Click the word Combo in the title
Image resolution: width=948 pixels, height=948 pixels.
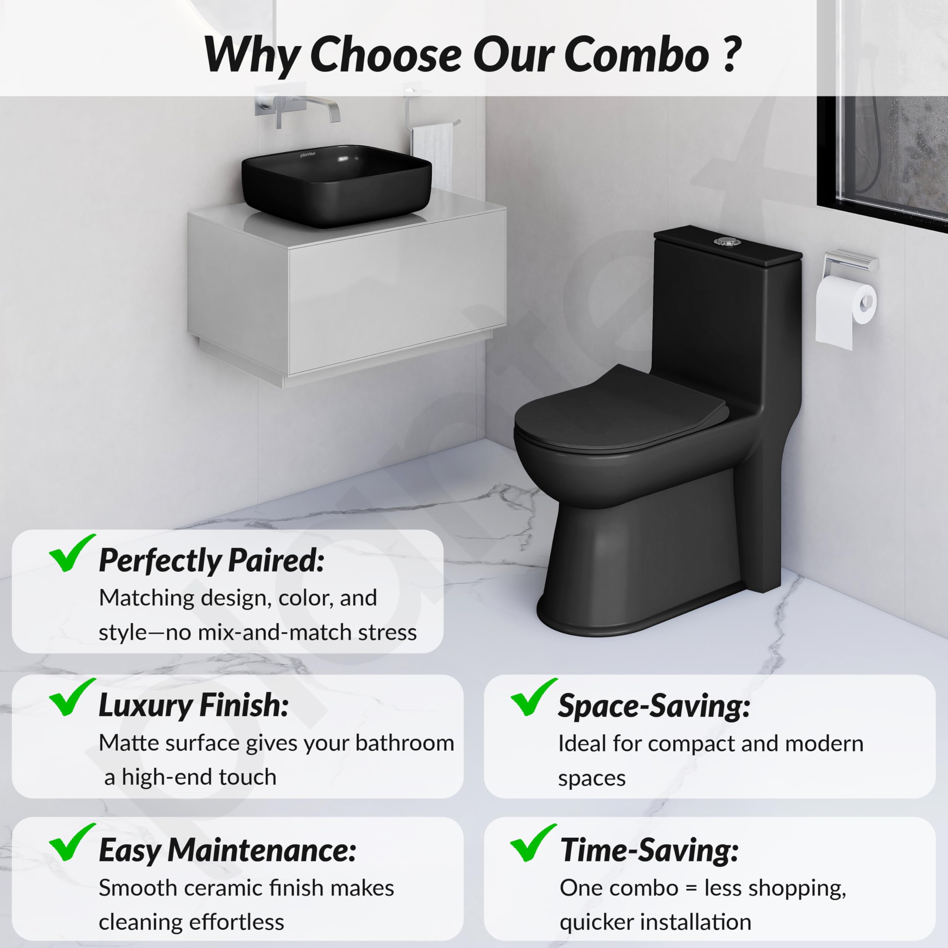637,54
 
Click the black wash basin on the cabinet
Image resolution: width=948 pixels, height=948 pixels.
336,186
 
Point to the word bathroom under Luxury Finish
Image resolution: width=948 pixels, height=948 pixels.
405,743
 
